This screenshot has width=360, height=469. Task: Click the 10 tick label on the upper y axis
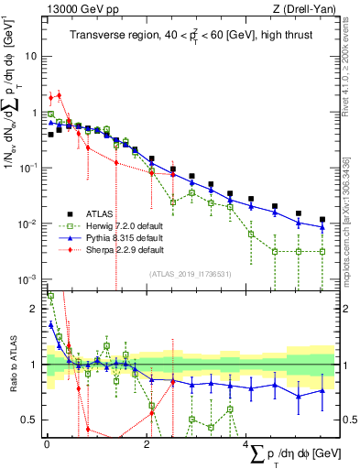(x=32, y=56)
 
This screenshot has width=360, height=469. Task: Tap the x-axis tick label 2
(x=147, y=444)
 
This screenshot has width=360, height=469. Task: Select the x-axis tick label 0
(x=47, y=444)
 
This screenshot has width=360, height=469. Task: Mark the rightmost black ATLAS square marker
(x=322, y=220)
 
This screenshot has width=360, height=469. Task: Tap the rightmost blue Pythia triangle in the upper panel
(x=322, y=227)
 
